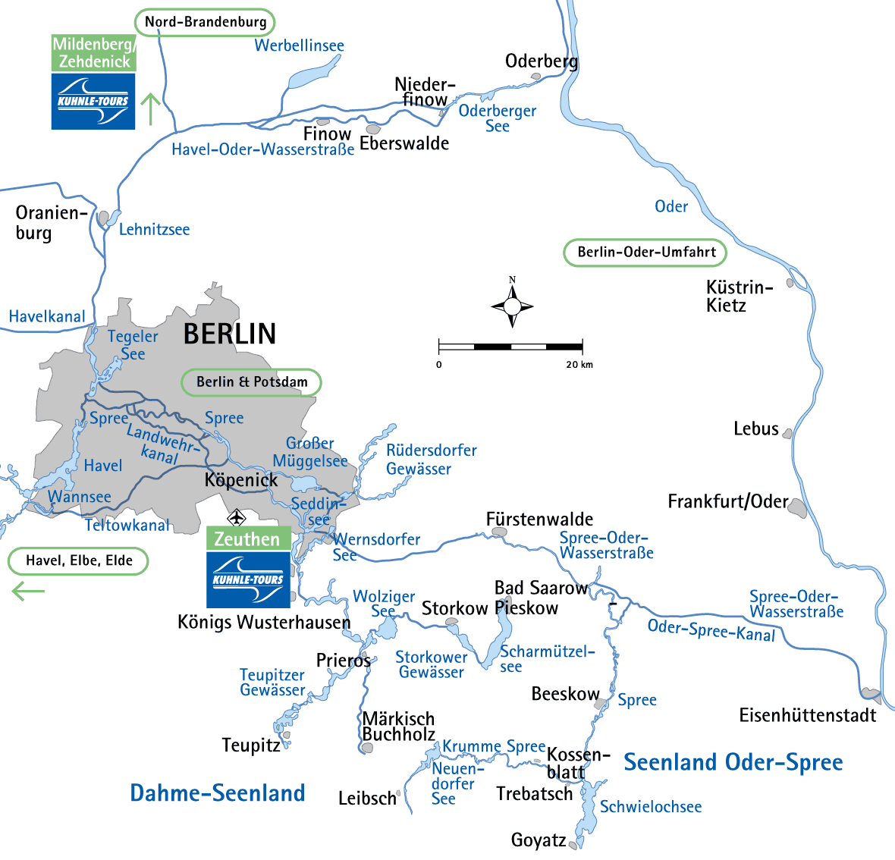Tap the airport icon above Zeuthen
237,517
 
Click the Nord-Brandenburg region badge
205,22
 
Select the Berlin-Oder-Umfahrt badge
645,253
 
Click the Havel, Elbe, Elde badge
78,561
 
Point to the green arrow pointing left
29,591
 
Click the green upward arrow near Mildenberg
151,109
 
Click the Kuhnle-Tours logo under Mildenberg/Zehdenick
93,101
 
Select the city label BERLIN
230,334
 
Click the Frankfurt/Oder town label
727,501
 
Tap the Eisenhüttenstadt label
807,715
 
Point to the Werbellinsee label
299,46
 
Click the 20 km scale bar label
579,365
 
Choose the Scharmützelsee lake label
546,658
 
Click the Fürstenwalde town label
539,519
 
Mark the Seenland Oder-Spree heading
733,762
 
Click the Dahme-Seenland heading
218,793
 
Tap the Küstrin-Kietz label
739,297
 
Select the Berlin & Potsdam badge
252,382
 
